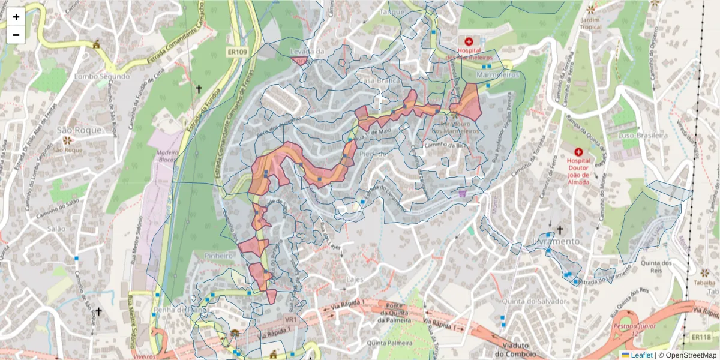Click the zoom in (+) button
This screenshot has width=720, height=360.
coord(16,17)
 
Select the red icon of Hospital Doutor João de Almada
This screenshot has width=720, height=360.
coord(578,152)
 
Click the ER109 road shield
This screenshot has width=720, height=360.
coord(237,52)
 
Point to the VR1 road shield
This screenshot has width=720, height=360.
coord(291,320)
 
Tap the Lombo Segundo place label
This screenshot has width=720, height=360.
coord(102,77)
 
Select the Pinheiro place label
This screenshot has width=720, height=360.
coord(218,256)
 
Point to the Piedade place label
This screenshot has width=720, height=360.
coord(373,154)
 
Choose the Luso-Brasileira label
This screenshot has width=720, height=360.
coord(643,136)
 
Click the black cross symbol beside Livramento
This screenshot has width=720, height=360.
coord(560,229)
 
